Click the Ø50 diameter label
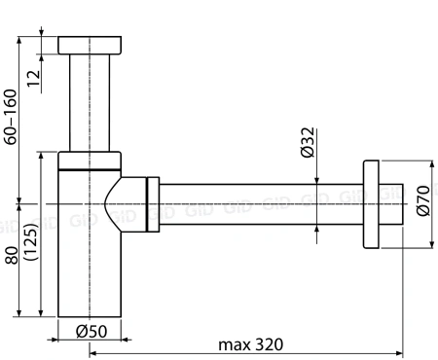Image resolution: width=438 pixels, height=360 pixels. (91, 332)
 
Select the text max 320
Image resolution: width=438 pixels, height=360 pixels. (251, 345)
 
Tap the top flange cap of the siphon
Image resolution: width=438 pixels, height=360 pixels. (90, 45)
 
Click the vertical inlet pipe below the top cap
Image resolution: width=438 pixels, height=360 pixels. (90, 102)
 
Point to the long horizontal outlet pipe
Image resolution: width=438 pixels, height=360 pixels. (258, 205)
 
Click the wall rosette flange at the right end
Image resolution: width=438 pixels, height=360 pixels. (370, 205)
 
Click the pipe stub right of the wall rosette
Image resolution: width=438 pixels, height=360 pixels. (391, 205)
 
